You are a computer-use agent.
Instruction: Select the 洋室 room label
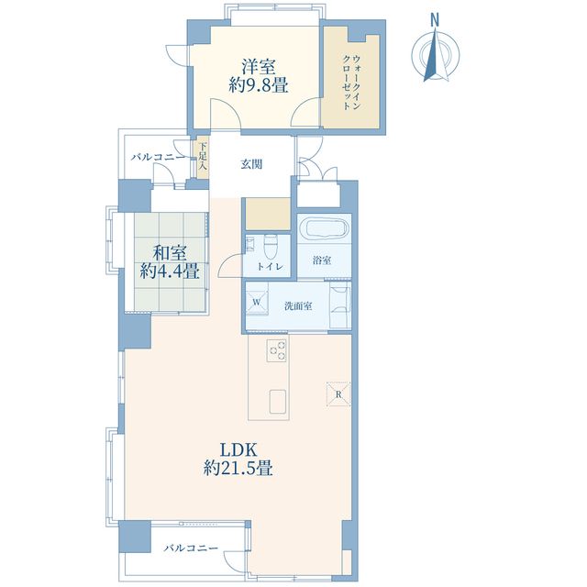point(259,66)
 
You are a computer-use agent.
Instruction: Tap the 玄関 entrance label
point(251,165)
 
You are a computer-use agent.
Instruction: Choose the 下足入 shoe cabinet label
point(203,157)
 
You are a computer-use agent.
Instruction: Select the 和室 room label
point(170,251)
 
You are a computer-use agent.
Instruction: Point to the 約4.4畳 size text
point(170,271)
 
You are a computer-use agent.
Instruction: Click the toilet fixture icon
point(270,247)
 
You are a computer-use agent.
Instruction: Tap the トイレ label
point(269,267)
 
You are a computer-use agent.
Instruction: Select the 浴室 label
point(322,260)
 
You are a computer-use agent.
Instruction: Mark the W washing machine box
point(258,302)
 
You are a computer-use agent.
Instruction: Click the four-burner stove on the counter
point(275,349)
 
